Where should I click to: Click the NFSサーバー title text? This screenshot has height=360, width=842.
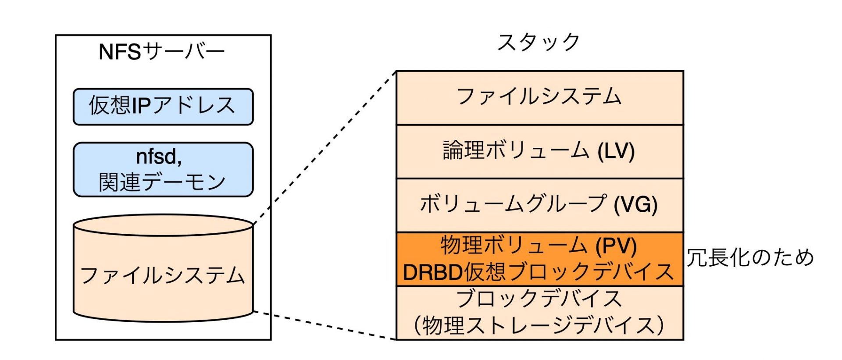[162, 52]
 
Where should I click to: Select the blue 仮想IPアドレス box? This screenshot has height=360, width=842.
[163, 107]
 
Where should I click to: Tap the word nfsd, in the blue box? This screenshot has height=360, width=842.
[159, 157]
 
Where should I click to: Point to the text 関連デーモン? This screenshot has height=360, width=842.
[162, 182]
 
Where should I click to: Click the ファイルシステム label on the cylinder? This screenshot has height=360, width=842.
[163, 275]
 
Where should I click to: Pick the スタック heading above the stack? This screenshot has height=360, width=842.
[539, 42]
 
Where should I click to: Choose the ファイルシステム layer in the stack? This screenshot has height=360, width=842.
[540, 98]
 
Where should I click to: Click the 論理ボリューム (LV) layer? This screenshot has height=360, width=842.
[540, 152]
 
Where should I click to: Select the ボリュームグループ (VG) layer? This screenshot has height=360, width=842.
[540, 205]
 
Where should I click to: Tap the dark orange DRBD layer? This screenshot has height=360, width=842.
[540, 259]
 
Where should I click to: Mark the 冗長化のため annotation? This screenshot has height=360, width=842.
[750, 257]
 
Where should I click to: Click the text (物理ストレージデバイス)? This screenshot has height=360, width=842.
[539, 325]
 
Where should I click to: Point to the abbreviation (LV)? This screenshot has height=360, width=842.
[616, 151]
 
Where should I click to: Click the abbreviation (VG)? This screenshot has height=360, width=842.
[635, 205]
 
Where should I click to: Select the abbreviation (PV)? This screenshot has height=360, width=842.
[616, 246]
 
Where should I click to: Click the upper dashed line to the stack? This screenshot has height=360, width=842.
[325, 147]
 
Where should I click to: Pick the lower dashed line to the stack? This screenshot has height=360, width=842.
[325, 325]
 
